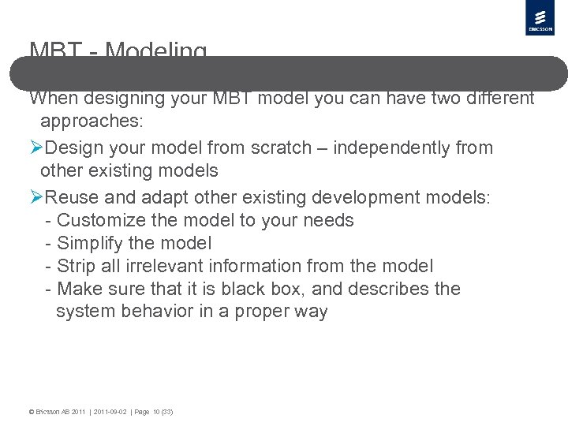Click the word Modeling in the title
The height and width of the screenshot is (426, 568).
click(155, 51)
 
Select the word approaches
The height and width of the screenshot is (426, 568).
click(87, 121)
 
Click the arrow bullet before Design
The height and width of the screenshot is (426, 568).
click(36, 148)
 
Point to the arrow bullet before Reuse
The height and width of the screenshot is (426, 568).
click(36, 196)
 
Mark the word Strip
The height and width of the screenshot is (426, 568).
click(77, 266)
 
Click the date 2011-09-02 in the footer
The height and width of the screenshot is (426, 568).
click(110, 412)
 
